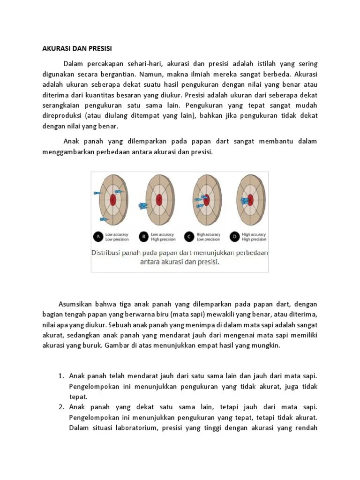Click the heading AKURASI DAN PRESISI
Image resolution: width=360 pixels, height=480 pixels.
tap(74, 49)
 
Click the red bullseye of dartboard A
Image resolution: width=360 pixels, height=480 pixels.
tap(113, 200)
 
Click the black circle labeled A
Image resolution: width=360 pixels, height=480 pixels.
tap(99, 237)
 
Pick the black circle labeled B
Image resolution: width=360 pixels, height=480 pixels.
tap(144, 237)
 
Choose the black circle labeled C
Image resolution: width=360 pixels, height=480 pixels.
tap(189, 237)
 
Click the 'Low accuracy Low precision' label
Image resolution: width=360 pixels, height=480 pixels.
tap(117, 237)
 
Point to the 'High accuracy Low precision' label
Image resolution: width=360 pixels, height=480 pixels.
tap(209, 237)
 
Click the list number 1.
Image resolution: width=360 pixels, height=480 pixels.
tap(61, 376)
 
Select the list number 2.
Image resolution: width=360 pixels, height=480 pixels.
tap(61, 407)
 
